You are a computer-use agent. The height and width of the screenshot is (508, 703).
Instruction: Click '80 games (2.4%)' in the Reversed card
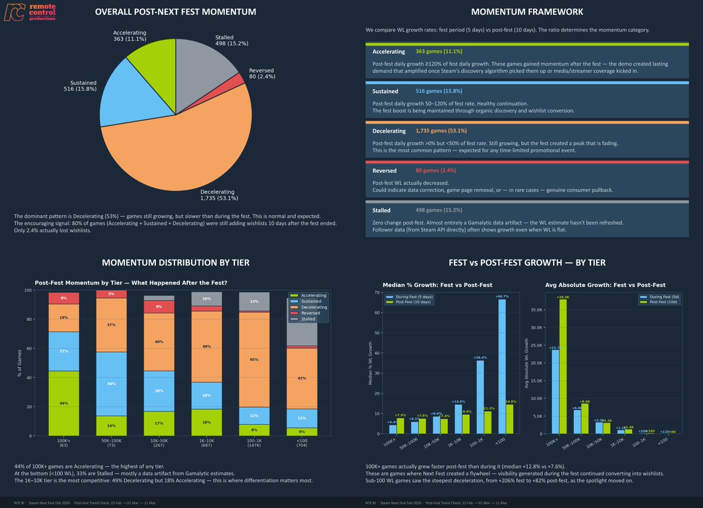click(435, 171)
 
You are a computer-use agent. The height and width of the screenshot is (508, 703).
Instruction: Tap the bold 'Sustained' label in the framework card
click(385, 91)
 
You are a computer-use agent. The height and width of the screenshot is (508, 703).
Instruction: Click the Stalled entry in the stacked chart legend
click(308, 319)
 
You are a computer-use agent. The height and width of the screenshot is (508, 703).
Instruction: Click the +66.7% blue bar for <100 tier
click(502, 367)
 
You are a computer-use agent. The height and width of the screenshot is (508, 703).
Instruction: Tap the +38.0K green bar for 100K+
click(564, 367)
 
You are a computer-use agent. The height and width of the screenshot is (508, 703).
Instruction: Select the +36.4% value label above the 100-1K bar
click(480, 357)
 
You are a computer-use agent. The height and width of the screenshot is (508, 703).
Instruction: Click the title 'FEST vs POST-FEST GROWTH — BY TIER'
click(527, 262)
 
